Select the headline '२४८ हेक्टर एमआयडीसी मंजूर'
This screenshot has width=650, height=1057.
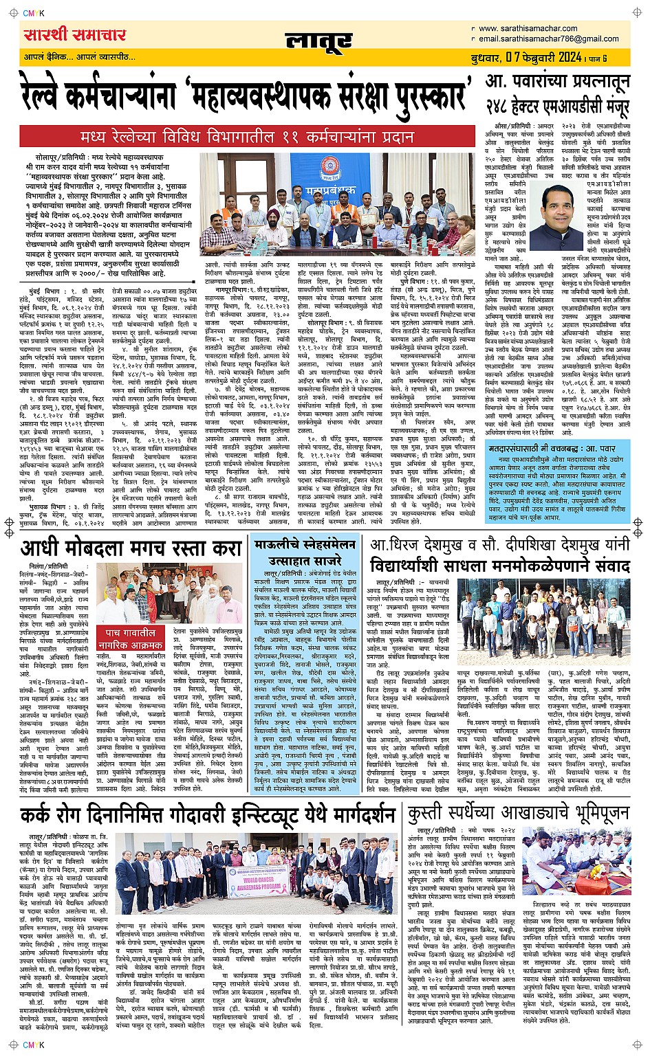point(557,107)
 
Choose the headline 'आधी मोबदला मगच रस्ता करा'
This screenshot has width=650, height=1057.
point(131,548)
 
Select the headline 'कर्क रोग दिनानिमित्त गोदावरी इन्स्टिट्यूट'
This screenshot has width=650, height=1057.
point(207,815)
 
